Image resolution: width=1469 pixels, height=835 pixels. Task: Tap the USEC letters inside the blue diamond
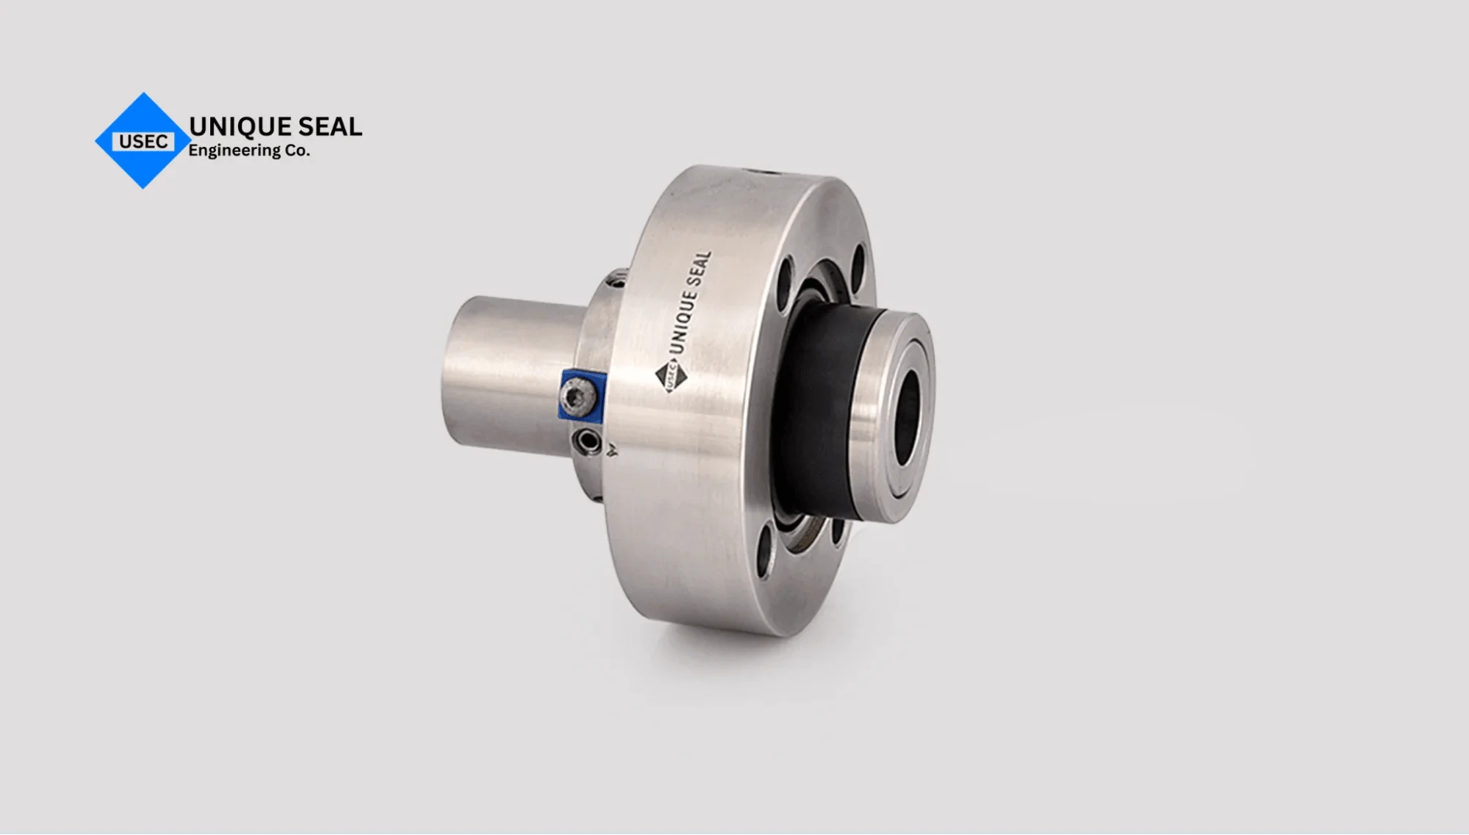[143, 142]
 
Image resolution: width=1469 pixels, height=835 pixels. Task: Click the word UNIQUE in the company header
[231, 126]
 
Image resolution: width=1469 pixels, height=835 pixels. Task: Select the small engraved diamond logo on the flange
[670, 376]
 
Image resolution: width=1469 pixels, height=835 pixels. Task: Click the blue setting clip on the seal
[582, 395]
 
